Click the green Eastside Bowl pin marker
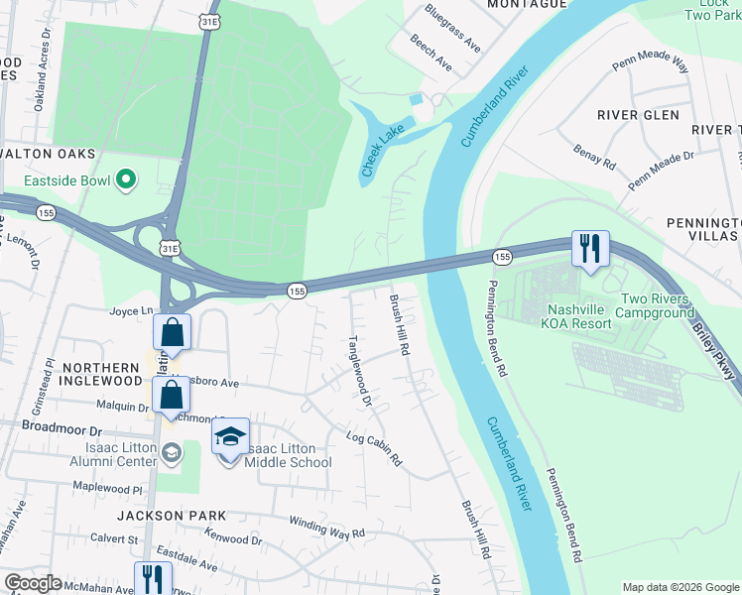point(125,179)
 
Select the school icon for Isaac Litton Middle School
point(229,438)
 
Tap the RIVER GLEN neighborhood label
point(638,115)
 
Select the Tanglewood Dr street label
point(359,369)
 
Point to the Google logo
point(32,583)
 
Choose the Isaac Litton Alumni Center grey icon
point(173,453)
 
